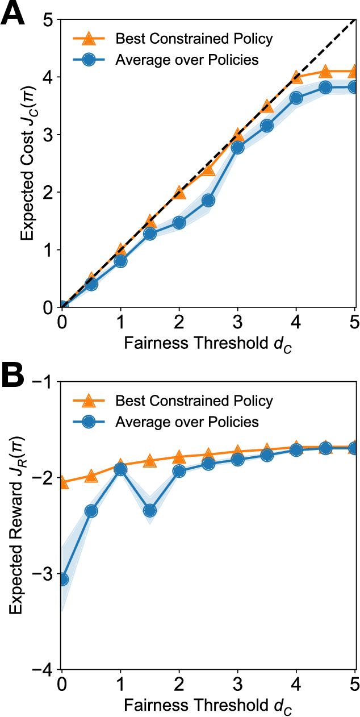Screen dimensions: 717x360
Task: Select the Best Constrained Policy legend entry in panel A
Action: (194, 39)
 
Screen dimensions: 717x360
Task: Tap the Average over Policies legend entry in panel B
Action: (186, 422)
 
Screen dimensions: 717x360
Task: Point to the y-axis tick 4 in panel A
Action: (50, 77)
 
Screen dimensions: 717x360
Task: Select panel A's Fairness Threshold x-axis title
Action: (208, 342)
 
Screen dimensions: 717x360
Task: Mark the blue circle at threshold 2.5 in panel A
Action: (208, 200)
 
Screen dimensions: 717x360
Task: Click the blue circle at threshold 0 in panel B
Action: (62, 580)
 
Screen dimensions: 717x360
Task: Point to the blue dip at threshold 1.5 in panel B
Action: (149, 511)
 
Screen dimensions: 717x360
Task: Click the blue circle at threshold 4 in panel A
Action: (296, 98)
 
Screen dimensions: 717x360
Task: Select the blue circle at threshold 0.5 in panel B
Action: (91, 511)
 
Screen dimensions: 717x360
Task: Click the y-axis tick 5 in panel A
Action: (50, 20)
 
